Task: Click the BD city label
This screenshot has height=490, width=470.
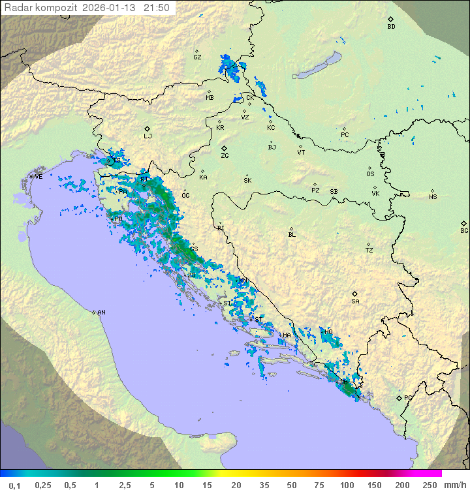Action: point(391,27)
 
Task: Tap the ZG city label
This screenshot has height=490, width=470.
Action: point(225,156)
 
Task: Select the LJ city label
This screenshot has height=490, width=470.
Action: point(148,136)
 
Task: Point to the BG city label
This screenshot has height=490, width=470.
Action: point(464,230)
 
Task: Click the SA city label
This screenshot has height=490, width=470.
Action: point(355,301)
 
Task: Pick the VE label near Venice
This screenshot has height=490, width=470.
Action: point(39,176)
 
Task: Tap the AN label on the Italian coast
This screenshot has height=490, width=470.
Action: point(101,313)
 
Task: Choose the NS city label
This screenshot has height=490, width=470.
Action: point(433,197)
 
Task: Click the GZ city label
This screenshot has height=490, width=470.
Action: point(197,57)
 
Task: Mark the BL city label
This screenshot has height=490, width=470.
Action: point(292,234)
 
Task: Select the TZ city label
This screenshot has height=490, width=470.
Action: point(369,250)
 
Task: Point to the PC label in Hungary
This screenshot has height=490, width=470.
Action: point(345,135)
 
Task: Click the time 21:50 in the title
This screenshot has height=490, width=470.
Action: point(157,8)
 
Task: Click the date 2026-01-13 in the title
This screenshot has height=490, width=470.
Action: point(111,8)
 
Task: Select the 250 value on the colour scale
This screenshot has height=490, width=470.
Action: point(429,485)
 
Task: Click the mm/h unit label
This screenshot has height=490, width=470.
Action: point(454,485)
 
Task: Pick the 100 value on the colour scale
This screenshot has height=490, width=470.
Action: point(347,485)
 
